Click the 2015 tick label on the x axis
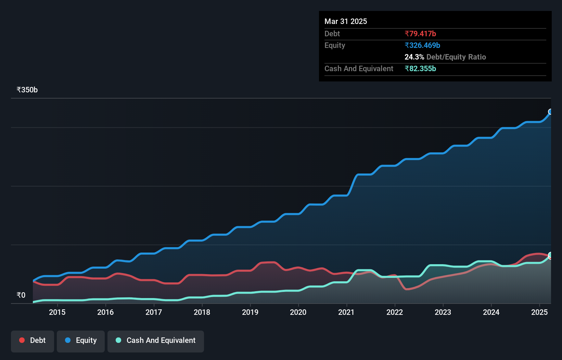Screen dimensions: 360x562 57,312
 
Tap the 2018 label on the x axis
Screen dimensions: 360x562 202,312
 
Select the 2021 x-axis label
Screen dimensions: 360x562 346,312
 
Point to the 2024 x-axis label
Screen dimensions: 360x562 491,312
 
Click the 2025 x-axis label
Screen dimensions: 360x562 539,312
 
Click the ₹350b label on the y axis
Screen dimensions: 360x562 27,90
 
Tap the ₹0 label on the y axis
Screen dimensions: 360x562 21,295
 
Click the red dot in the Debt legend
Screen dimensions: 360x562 22,340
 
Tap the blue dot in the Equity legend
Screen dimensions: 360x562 68,340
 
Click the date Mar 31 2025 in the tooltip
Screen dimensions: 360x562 346,21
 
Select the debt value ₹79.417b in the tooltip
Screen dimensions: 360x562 420,34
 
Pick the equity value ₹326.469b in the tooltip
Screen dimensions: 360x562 422,45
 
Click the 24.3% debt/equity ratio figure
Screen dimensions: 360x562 414,57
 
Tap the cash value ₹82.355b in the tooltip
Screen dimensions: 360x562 420,68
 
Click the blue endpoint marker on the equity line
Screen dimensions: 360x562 550,112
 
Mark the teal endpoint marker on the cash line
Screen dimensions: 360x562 550,255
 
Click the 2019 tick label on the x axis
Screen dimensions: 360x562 250,312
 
